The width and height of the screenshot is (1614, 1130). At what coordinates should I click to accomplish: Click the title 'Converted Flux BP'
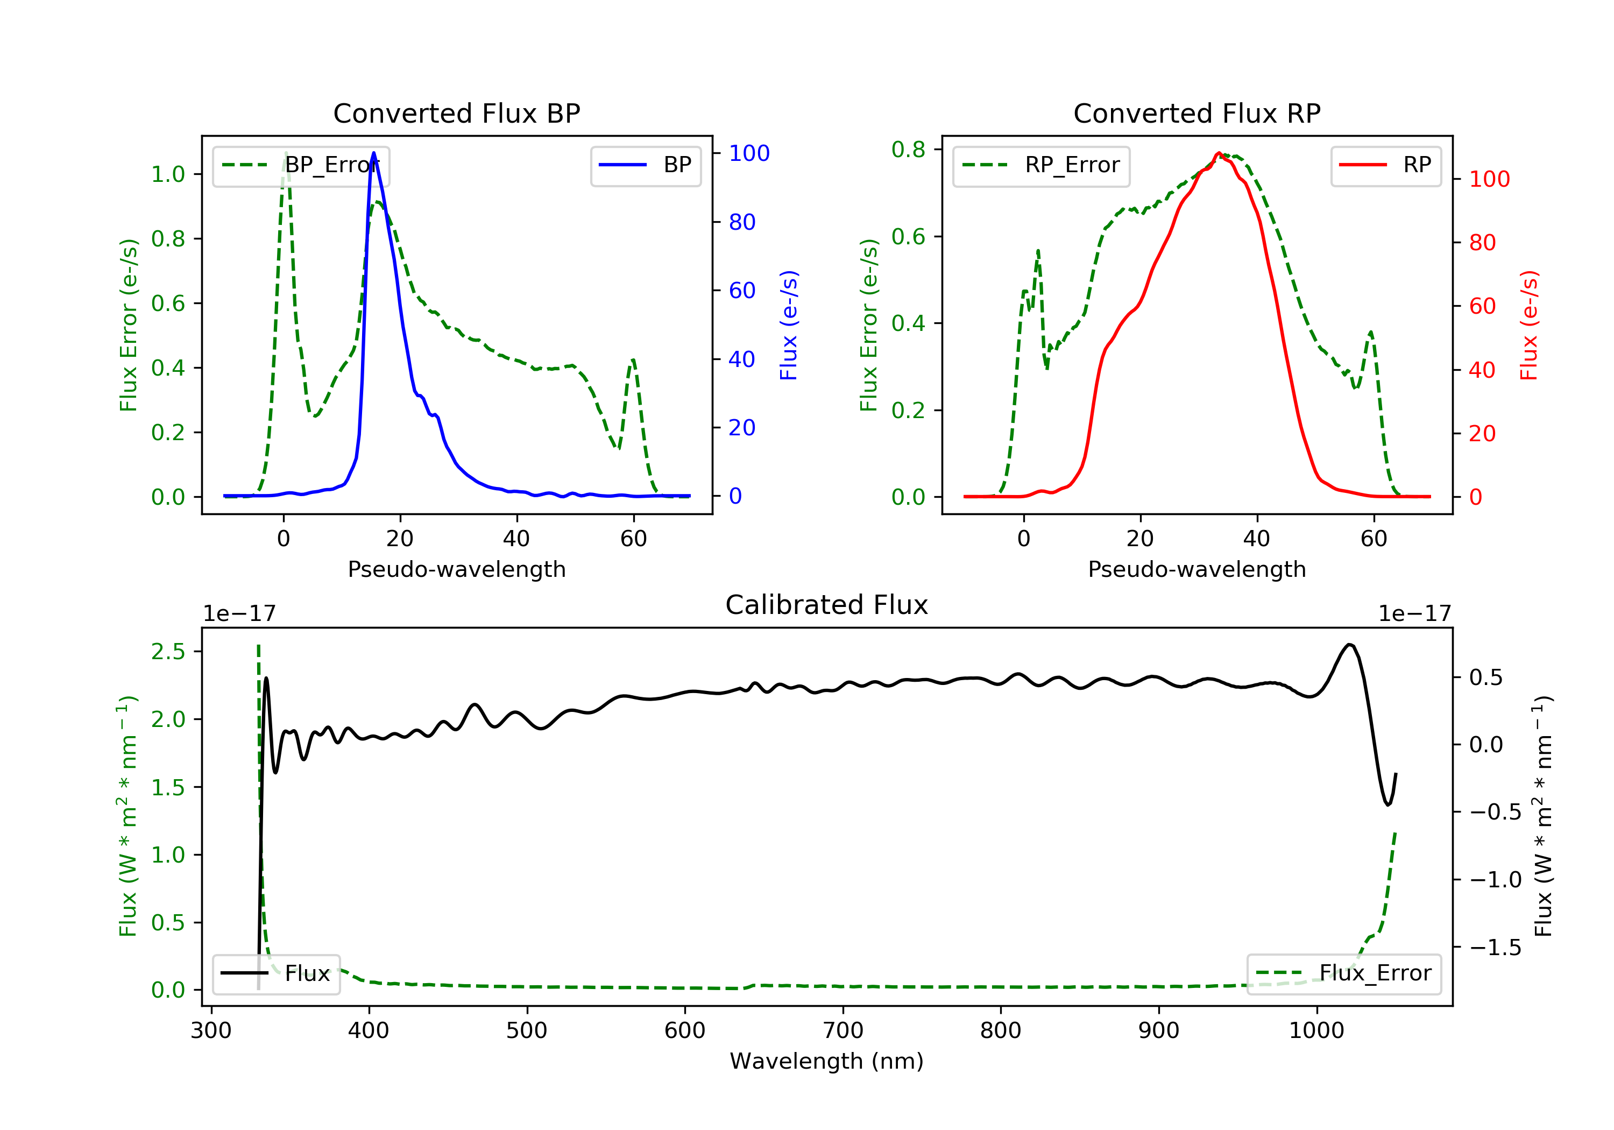pyautogui.click(x=456, y=113)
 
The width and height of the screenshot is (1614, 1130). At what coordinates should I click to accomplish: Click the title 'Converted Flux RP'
pyautogui.click(x=1197, y=113)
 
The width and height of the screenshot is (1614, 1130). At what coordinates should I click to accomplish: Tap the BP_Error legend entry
pyautogui.click(x=301, y=166)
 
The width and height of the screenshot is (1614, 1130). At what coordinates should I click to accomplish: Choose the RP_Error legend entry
pyautogui.click(x=1041, y=166)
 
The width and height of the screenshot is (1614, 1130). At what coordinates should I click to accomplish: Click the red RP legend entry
pyautogui.click(x=1385, y=166)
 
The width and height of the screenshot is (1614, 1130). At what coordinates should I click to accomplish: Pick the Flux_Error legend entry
pyautogui.click(x=1343, y=973)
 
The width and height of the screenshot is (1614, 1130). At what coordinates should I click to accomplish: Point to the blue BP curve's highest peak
pyautogui.click(x=373, y=153)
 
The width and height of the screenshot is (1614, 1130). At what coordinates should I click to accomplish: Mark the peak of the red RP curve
pyautogui.click(x=1219, y=153)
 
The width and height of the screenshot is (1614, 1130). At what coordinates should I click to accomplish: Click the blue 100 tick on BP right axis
pyautogui.click(x=749, y=153)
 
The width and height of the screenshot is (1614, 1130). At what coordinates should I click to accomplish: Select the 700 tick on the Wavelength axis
pyautogui.click(x=843, y=1031)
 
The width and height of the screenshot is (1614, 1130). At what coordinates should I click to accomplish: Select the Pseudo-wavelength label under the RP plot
pyautogui.click(x=1197, y=569)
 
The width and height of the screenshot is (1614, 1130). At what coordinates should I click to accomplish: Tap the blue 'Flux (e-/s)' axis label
pyautogui.click(x=789, y=325)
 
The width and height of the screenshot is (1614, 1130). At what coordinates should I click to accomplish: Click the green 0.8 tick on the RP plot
pyautogui.click(x=908, y=149)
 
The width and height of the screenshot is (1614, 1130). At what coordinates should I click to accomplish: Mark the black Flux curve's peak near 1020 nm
pyautogui.click(x=1349, y=644)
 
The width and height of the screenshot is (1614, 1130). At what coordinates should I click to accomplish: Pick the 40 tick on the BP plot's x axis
pyautogui.click(x=516, y=539)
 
